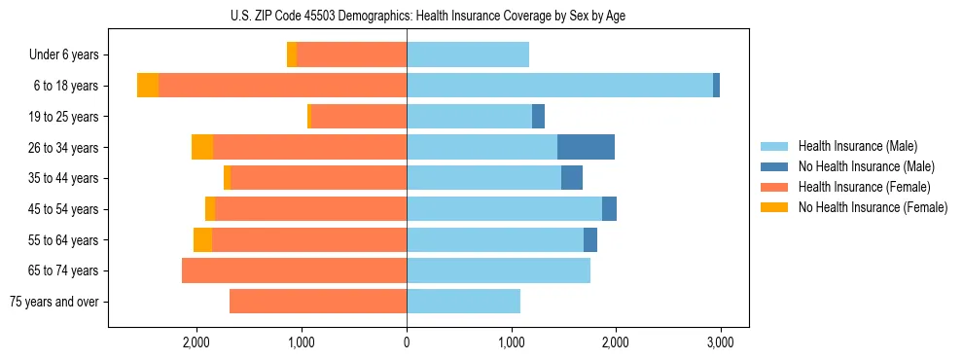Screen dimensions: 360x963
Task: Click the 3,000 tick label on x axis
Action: point(720,342)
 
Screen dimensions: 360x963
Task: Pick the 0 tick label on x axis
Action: point(407,342)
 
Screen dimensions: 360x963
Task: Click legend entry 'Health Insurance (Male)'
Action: point(857,146)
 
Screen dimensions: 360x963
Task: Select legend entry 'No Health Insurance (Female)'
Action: point(873,207)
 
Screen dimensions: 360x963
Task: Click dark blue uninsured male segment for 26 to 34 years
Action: point(586,148)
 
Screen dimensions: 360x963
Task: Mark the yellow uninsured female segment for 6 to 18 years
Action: point(148,86)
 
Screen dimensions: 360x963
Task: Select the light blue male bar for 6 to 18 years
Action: point(559,86)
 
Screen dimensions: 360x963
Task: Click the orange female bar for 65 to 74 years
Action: point(294,270)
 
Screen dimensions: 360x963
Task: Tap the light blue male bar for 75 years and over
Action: point(463,302)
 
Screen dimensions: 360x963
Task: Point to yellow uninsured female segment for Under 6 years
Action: point(292,55)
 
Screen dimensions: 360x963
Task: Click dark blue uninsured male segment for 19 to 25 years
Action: point(538,117)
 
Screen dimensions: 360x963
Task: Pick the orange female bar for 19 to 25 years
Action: point(358,117)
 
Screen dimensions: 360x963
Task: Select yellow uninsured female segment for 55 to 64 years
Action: point(202,240)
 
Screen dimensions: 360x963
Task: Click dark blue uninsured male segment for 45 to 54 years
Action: point(609,209)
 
